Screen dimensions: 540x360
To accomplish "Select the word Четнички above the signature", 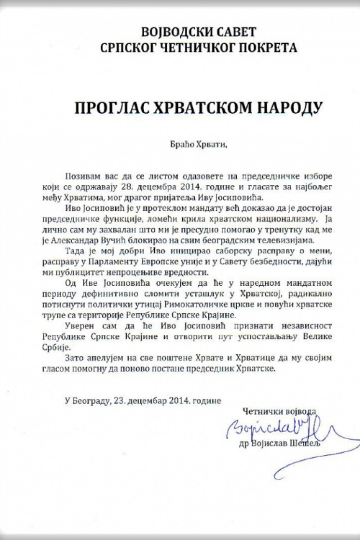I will click(261, 410).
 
